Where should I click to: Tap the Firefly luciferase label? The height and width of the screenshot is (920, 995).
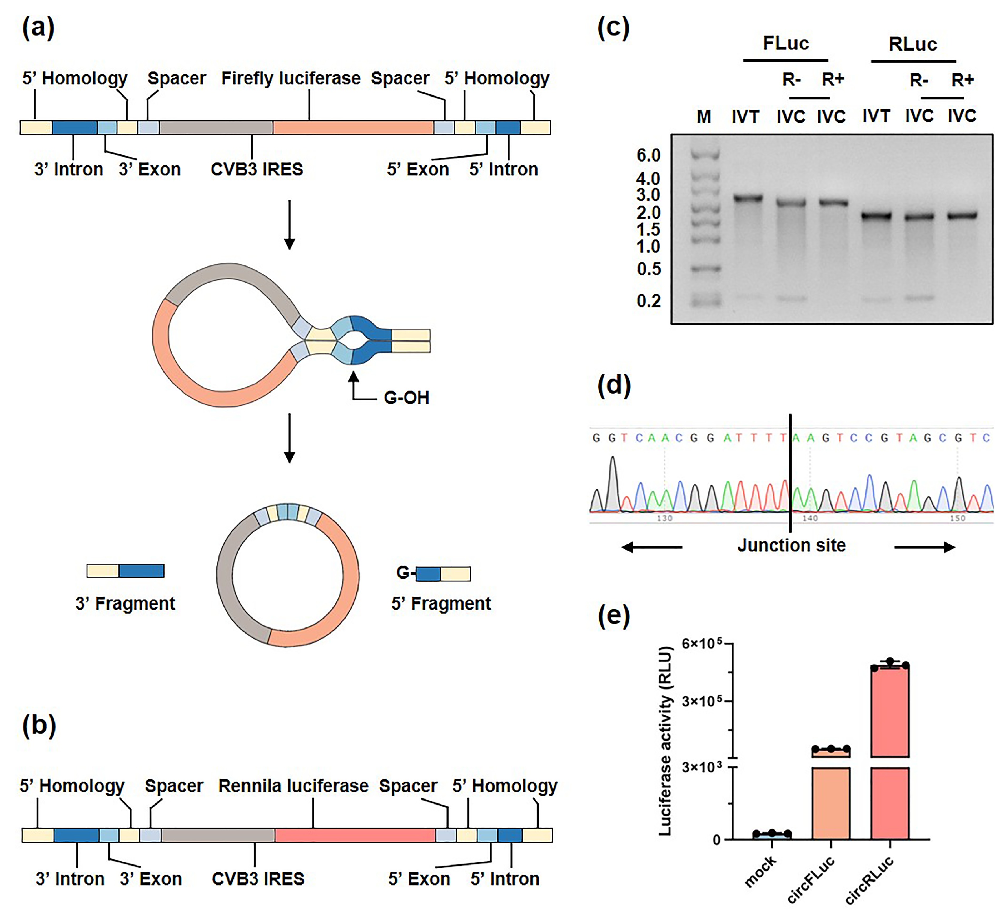pos(291,78)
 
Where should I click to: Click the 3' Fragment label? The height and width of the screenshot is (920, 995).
pos(125,603)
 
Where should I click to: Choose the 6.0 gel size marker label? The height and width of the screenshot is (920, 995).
pos(648,155)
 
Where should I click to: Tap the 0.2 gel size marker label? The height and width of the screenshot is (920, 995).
pos(648,301)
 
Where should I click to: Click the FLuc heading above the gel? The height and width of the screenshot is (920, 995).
pos(786,43)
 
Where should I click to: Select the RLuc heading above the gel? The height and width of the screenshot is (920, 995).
pos(913,44)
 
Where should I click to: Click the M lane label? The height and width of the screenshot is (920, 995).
pos(704,117)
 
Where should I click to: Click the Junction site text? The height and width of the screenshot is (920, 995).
pos(791,545)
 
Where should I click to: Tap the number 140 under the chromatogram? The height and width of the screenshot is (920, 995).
pos(810,518)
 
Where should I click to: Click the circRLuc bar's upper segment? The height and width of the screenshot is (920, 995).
pos(890,711)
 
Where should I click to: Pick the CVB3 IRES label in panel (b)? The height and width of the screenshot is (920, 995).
pos(258,879)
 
